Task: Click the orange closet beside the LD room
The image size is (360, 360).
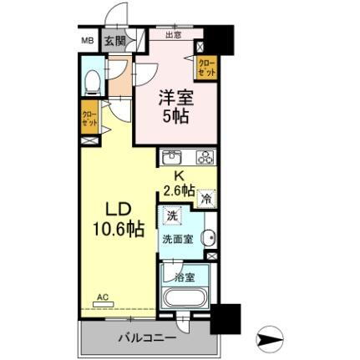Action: (89, 116)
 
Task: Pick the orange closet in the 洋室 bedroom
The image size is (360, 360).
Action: (206, 68)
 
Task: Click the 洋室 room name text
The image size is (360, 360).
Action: (175, 96)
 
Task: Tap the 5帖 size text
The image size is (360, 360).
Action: (175, 115)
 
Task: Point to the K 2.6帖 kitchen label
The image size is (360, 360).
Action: (181, 183)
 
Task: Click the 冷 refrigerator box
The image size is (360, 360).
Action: (206, 199)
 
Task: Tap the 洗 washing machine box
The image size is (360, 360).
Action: (171, 216)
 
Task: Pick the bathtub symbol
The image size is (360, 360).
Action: (185, 299)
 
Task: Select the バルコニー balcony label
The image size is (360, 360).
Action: (129, 338)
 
